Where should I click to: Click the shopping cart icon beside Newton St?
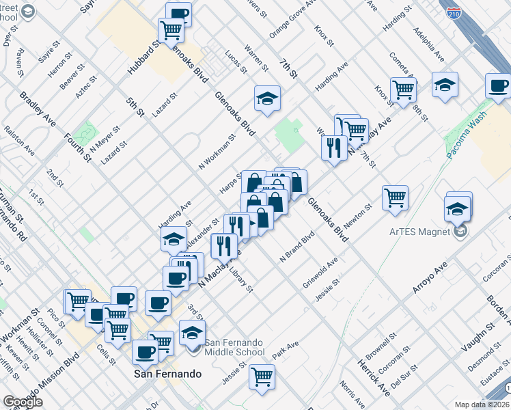(396, 197)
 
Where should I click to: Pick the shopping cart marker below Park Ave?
(262, 376)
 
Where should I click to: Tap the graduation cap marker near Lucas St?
(268, 98)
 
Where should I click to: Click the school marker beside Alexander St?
(174, 239)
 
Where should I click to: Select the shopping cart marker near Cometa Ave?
(404, 89)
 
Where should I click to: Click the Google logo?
(23, 402)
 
